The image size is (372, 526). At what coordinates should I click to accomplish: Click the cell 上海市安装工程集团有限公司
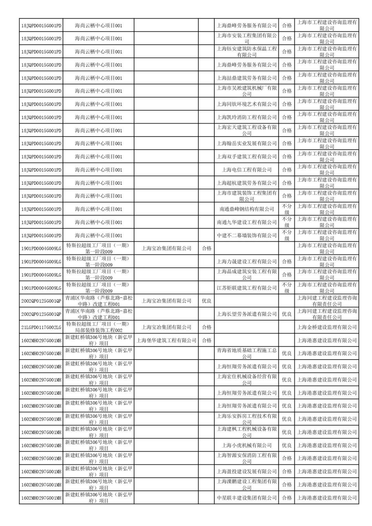(247, 38)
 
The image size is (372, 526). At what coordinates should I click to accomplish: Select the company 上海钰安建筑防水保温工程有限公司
(247, 52)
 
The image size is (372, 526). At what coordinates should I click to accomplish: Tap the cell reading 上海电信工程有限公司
(247, 170)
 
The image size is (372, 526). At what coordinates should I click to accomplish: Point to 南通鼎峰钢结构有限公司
(247, 209)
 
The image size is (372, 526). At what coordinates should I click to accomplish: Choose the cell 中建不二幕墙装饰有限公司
(247, 235)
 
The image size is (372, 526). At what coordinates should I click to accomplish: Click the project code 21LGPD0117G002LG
(41, 327)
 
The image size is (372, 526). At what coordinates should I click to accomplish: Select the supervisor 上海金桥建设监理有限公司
(327, 327)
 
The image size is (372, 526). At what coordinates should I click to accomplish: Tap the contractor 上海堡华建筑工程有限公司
(166, 340)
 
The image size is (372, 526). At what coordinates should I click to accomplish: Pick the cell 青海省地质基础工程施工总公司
(247, 353)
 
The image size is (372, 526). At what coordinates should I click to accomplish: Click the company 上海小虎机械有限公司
(247, 445)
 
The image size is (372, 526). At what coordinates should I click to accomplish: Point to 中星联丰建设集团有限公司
(247, 498)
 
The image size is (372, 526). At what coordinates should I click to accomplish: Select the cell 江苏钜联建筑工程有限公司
(247, 288)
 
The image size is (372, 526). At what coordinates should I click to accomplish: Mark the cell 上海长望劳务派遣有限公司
(247, 314)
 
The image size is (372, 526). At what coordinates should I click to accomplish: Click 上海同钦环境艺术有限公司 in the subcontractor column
(247, 104)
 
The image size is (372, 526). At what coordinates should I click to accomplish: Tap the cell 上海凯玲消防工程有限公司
(247, 117)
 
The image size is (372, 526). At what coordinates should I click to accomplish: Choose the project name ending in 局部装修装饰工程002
(98, 327)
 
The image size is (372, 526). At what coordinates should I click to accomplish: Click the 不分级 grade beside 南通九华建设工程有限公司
(287, 222)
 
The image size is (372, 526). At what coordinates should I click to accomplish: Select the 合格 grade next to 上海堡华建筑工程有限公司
(207, 340)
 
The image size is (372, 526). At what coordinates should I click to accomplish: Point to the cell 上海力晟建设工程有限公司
(247, 262)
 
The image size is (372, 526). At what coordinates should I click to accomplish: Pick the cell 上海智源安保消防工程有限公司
(247, 458)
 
